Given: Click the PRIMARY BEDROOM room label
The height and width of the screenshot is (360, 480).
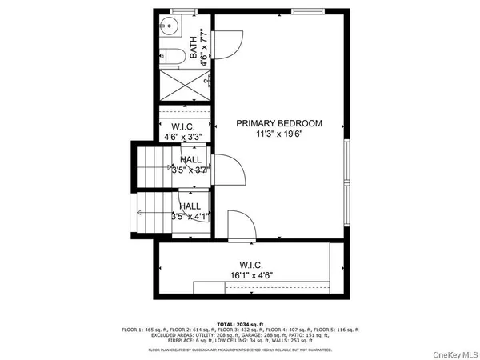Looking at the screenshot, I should coord(279,123).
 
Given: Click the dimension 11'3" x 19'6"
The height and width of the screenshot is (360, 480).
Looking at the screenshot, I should coord(279,135).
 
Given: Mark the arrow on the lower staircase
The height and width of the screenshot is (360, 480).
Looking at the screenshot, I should coord(142,213).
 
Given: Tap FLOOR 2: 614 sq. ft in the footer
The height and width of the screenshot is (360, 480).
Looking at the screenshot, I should coord(207,330).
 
